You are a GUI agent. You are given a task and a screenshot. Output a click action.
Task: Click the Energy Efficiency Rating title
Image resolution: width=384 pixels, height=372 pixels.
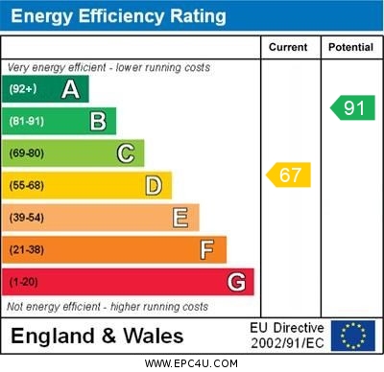coord(119,16)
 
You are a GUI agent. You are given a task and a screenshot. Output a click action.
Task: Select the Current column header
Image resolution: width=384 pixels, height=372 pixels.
coord(288,47)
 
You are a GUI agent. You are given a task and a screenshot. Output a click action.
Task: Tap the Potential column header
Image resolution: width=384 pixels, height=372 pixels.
coord(350,47)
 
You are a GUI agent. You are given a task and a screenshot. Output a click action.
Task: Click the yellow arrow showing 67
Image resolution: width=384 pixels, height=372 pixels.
coord(288,175)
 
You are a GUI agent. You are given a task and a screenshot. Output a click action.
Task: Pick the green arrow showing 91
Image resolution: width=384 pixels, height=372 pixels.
coord(352,107)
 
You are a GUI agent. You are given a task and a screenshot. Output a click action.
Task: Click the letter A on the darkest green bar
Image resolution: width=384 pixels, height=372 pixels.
coord(70,89)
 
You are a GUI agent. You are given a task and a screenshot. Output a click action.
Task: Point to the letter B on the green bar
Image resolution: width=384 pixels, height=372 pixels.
coord(98,121)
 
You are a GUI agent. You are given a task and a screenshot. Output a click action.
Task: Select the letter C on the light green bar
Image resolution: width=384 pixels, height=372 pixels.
coord(126,153)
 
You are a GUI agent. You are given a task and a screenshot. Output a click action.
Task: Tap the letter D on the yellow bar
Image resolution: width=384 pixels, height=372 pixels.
coord(154,185)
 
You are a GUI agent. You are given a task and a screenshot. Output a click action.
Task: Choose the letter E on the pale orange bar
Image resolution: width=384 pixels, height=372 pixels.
coord(180,218)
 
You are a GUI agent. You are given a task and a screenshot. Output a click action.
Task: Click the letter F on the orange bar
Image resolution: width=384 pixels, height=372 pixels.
coord(207,249)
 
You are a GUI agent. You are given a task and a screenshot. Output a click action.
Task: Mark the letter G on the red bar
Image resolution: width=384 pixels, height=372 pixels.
coord(236,282)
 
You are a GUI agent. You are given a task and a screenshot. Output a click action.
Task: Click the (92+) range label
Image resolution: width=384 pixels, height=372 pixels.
coord(24,89)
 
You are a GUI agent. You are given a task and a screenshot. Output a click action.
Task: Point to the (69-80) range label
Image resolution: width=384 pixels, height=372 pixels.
coord(27,153)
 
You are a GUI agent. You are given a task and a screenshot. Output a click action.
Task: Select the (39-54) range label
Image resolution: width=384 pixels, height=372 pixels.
coord(27,218)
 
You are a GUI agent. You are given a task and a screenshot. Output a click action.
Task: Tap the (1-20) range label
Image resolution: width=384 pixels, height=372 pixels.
coord(24,282)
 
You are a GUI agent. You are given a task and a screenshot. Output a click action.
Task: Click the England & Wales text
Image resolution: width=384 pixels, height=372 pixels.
coord(97,336)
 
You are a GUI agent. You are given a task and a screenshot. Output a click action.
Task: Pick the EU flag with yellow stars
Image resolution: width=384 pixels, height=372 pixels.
coord(352,336)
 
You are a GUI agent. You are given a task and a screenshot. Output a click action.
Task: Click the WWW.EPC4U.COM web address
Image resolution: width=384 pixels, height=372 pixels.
coord(191,363)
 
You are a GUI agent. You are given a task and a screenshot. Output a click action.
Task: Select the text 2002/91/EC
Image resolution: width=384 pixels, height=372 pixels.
coord(287,342)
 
